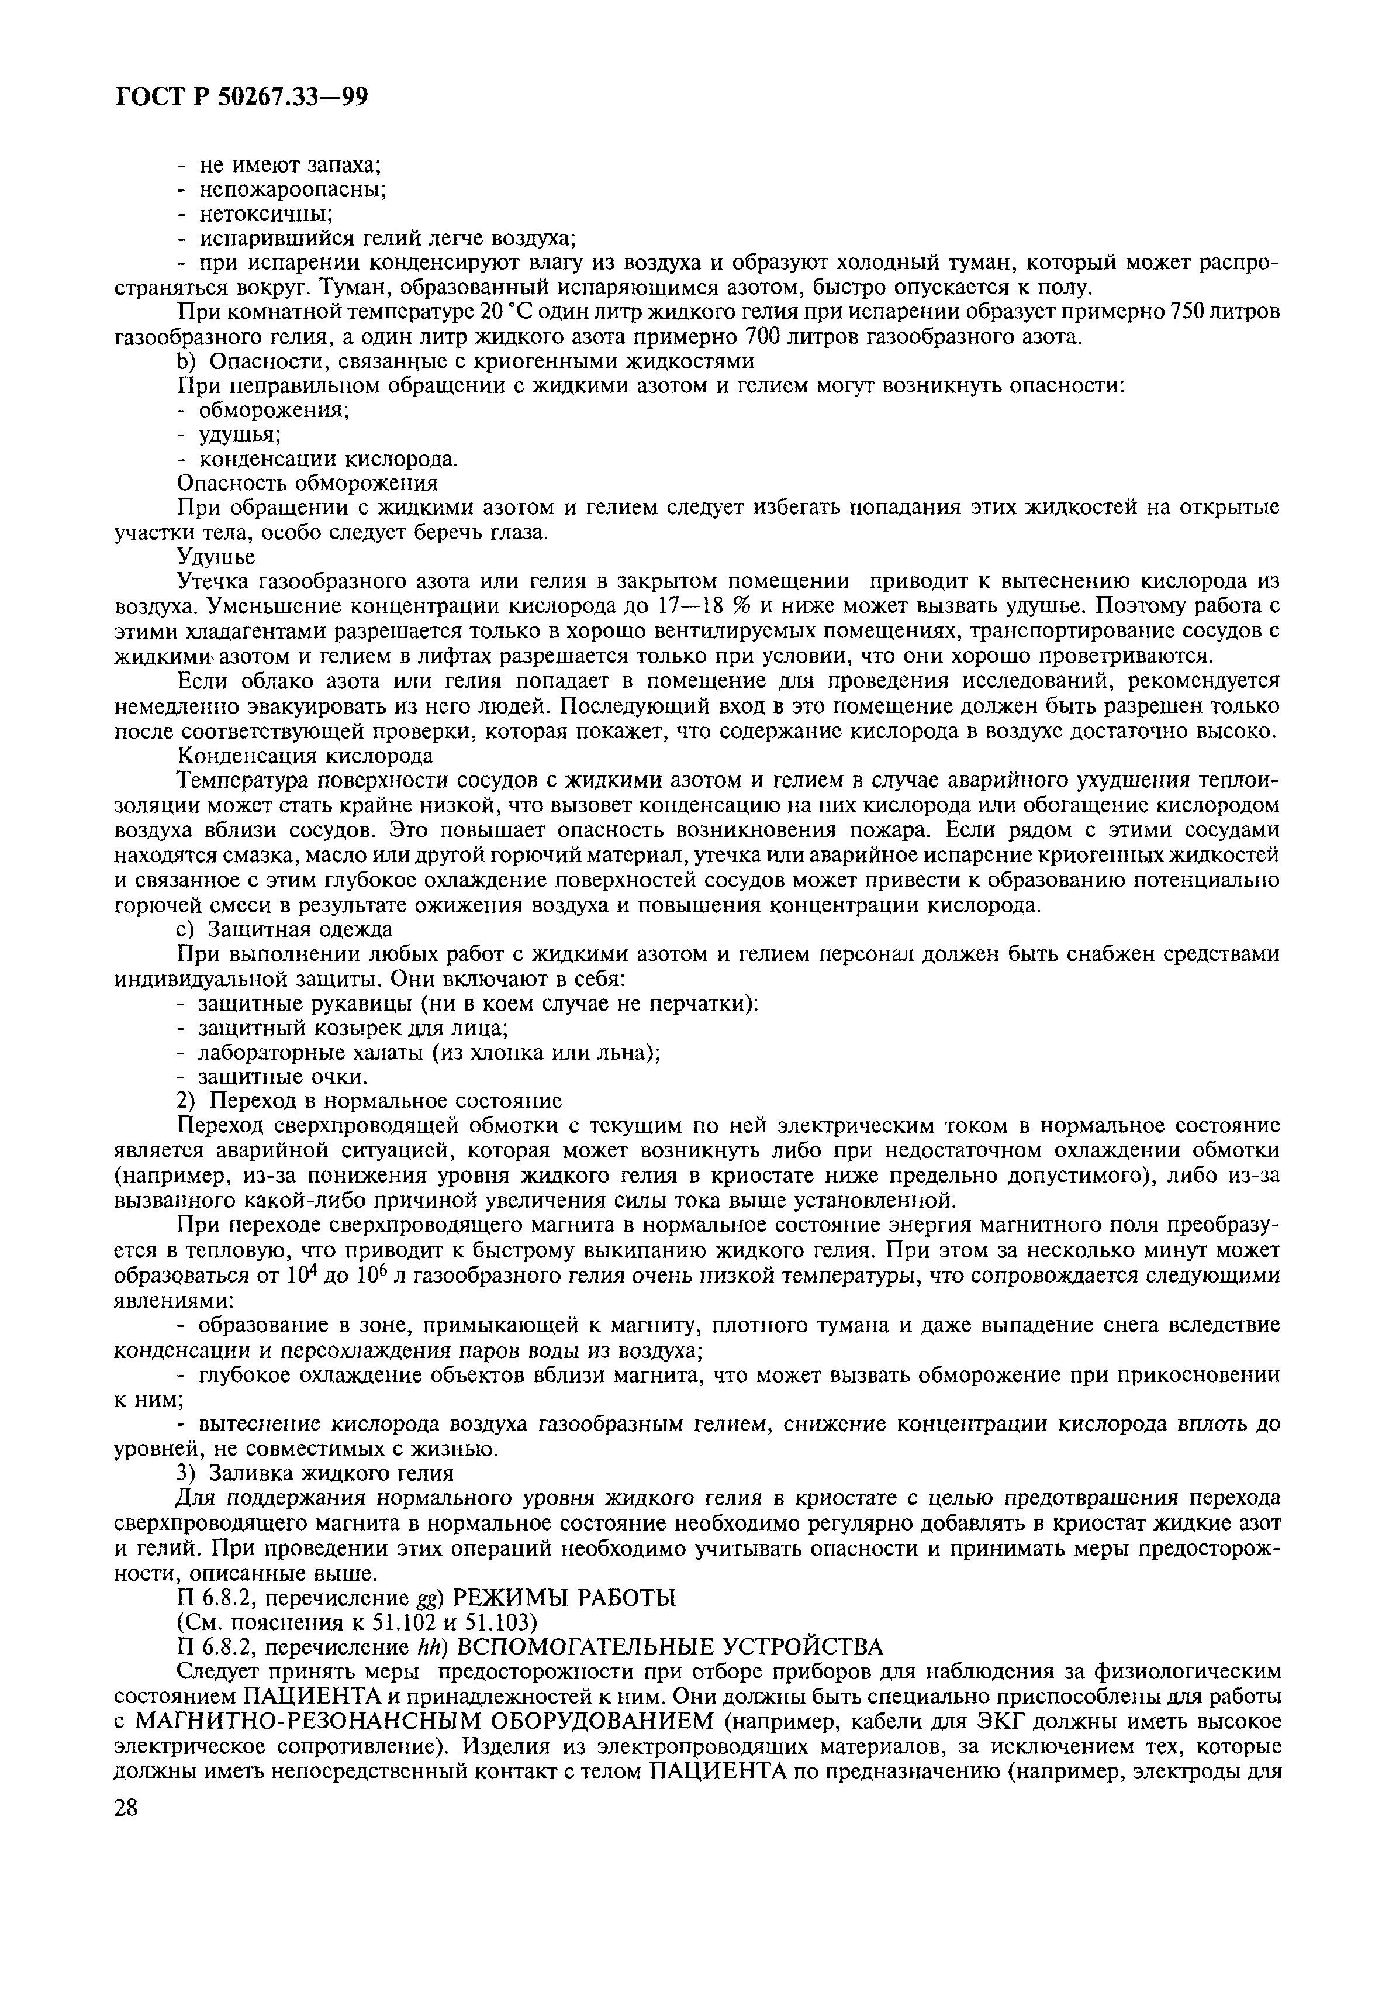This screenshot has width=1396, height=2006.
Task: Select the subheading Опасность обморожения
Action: (307, 483)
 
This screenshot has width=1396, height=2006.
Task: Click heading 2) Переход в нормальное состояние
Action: (369, 1100)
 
